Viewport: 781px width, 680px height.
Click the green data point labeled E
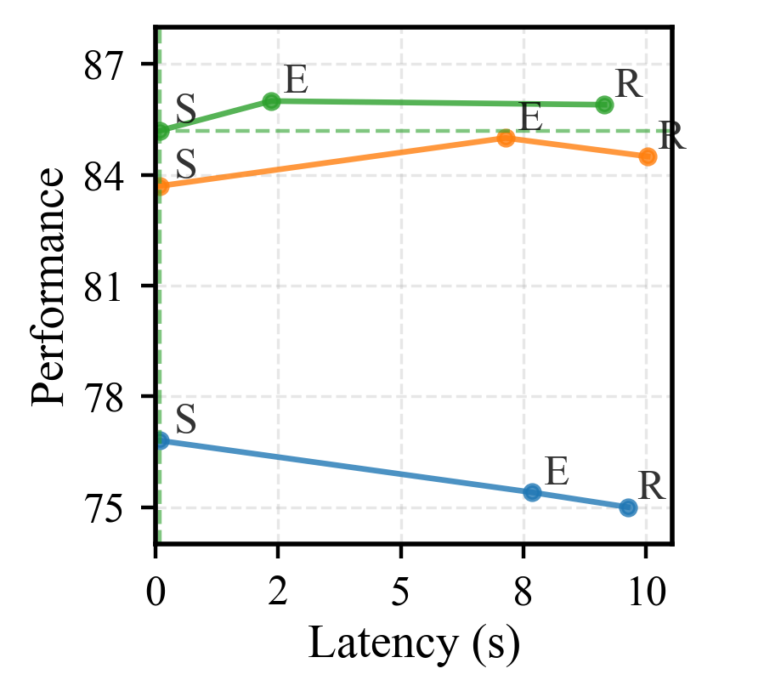coord(272,101)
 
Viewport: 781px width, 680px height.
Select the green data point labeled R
coord(604,105)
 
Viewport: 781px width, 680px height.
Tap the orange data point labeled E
coord(506,138)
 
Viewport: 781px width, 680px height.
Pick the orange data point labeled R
coord(648,156)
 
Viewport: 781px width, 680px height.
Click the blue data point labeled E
coord(533,492)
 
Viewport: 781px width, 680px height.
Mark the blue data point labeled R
coord(628,507)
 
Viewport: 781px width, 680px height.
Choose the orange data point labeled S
coord(161,186)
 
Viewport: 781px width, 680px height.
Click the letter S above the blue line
coord(186,420)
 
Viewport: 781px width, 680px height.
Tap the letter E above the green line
coord(295,82)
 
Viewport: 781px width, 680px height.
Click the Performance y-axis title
coord(48,286)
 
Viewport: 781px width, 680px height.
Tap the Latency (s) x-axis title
coord(414,643)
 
